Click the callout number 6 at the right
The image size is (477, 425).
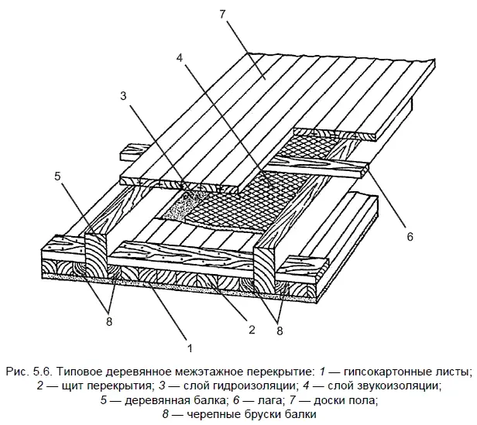click(410, 235)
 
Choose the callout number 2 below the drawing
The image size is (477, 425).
click(251, 329)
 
